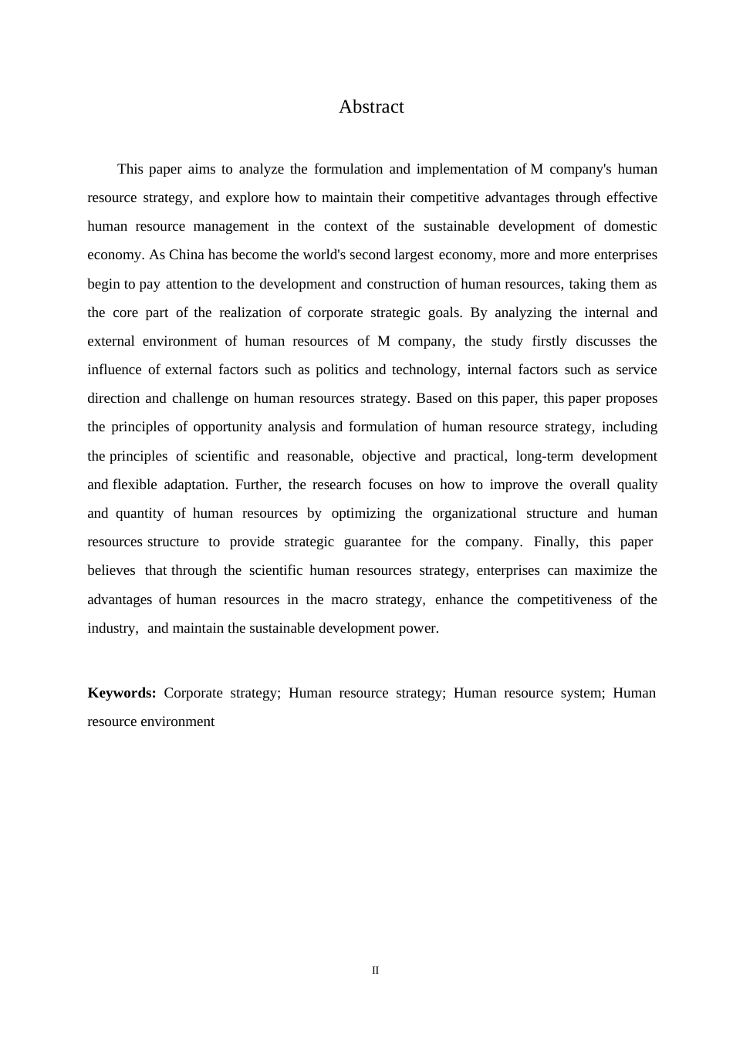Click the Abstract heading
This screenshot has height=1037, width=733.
(x=371, y=107)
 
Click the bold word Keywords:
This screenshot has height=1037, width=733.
(x=122, y=693)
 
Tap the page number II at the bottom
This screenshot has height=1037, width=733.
(x=375, y=971)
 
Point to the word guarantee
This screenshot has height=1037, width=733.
(x=372, y=542)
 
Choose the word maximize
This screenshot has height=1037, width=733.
(x=603, y=570)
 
